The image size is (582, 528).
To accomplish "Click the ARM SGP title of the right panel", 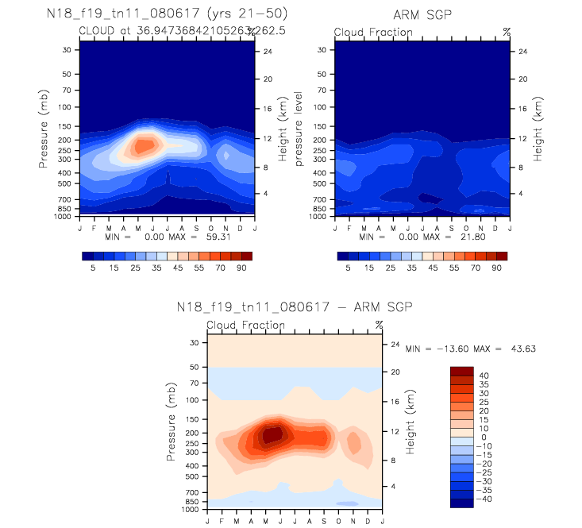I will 422,15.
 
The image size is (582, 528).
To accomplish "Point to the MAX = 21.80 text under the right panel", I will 433,237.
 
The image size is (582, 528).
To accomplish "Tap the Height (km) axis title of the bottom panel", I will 411,422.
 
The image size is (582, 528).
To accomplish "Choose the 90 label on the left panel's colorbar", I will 241,269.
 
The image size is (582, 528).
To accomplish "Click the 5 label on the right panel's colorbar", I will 348,269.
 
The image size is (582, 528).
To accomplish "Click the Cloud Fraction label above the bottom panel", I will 245,325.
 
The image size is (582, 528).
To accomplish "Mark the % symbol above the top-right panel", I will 507,32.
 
